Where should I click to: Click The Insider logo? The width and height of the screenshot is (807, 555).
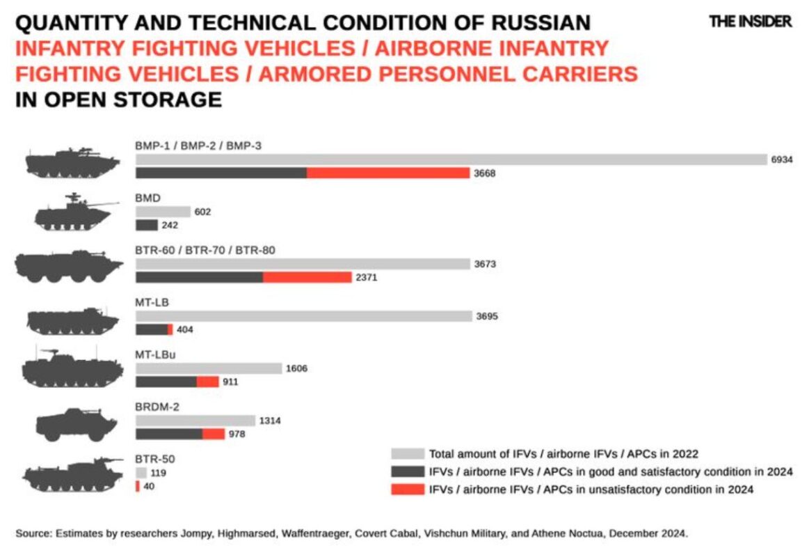point(750,22)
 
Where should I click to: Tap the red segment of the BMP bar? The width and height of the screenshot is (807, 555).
point(387,173)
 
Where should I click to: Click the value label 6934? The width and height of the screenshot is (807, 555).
point(781,159)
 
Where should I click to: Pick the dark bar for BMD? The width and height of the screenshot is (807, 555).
point(147,225)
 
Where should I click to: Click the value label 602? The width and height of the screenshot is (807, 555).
point(202,212)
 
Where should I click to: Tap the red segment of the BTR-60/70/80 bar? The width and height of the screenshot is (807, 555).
point(307,277)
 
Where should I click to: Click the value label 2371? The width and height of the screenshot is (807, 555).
point(367,277)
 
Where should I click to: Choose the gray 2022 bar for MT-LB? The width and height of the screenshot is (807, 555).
point(303,316)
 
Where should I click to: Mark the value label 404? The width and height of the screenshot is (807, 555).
point(185,329)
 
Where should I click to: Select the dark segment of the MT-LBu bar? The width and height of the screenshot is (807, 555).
point(166,382)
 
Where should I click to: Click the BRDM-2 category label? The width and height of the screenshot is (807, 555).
point(157,407)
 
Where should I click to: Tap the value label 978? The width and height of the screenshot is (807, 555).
point(237,434)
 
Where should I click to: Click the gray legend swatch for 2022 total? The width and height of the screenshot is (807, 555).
point(407,453)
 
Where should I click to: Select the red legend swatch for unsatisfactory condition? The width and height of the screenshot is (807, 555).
point(407,490)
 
